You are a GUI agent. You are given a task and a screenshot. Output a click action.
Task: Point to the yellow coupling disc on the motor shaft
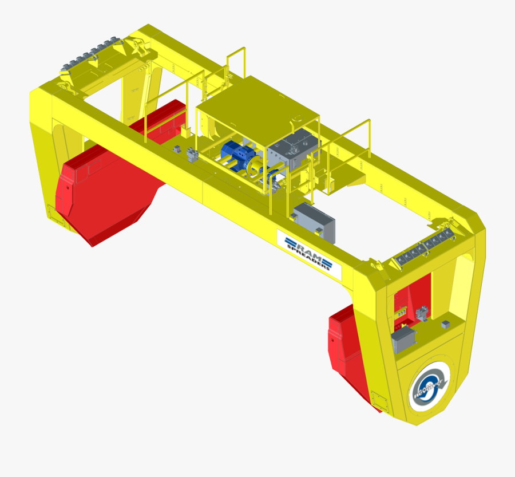point(254,167)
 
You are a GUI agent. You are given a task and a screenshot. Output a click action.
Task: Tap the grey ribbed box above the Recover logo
point(403,339)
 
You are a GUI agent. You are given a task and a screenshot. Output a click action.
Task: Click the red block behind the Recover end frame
point(347,349)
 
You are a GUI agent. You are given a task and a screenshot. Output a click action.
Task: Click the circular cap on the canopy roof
point(296,119)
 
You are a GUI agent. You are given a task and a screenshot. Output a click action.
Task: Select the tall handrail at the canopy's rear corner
point(237,63)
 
